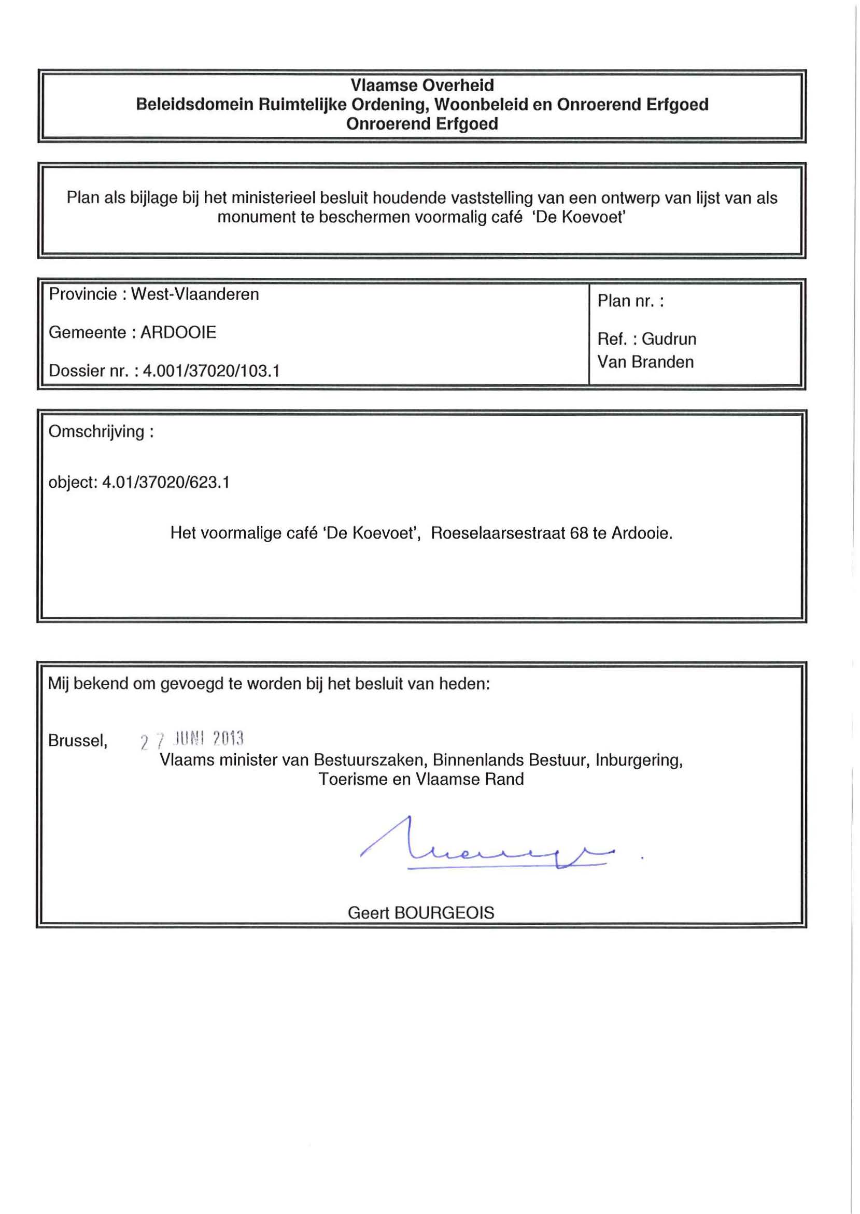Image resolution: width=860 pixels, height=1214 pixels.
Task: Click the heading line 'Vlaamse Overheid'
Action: click(x=422, y=85)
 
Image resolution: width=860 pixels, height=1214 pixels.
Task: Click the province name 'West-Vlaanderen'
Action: click(x=195, y=294)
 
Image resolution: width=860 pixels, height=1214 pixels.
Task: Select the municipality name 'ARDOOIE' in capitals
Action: click(x=178, y=332)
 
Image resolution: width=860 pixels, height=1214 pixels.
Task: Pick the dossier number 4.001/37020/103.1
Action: click(x=212, y=371)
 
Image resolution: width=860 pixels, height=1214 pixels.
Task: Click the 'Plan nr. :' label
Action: click(x=630, y=301)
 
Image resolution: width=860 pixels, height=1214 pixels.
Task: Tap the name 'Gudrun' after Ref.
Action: click(x=669, y=339)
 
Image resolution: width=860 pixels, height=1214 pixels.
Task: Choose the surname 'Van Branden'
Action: click(x=645, y=362)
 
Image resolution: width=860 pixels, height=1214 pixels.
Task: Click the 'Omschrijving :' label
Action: click(x=101, y=431)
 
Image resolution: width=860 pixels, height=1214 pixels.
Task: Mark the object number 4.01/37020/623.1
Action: click(x=166, y=482)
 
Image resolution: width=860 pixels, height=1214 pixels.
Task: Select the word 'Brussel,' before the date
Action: click(x=78, y=740)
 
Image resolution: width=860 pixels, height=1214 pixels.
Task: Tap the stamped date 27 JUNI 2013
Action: click(x=192, y=740)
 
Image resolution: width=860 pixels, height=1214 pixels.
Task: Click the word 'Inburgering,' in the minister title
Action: click(x=639, y=760)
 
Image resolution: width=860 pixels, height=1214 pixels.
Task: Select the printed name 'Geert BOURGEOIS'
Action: click(x=421, y=913)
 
